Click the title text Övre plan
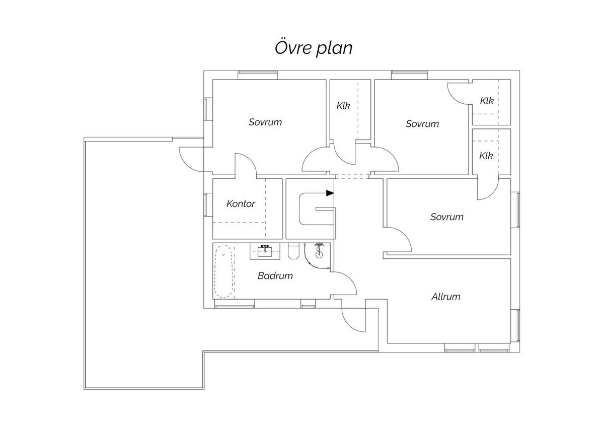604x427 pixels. pyautogui.click(x=313, y=48)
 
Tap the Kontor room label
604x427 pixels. pyautogui.click(x=241, y=204)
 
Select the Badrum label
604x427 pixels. pyautogui.click(x=275, y=276)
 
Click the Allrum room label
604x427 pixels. pyautogui.click(x=445, y=297)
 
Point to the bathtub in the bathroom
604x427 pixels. pyautogui.click(x=223, y=272)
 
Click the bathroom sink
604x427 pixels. pyautogui.click(x=264, y=250)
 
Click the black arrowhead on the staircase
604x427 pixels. pyautogui.click(x=330, y=193)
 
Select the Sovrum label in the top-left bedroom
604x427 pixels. pyautogui.click(x=265, y=122)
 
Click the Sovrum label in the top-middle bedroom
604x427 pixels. pyautogui.click(x=422, y=123)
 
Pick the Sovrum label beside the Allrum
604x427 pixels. pyautogui.click(x=446, y=217)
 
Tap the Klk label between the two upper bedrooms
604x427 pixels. pyautogui.click(x=343, y=106)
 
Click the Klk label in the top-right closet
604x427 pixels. pyautogui.click(x=486, y=101)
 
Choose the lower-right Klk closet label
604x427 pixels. pyautogui.click(x=486, y=156)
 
